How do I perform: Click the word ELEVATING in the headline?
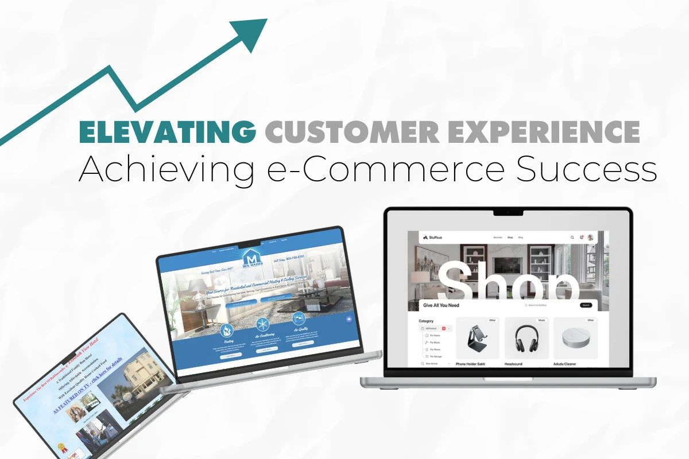(x=167, y=132)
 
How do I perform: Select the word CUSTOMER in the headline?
(x=353, y=132)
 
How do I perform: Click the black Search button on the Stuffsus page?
(x=586, y=305)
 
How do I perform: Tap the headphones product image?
(x=527, y=339)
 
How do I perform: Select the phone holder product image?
(x=477, y=339)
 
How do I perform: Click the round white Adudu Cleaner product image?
(x=575, y=339)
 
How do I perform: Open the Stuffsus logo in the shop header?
(x=432, y=237)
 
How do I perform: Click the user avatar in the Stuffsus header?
(x=591, y=237)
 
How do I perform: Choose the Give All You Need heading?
(x=442, y=305)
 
